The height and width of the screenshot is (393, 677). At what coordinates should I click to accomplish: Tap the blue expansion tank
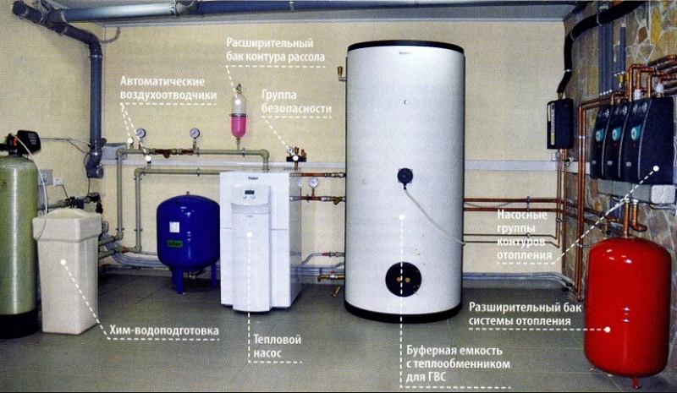[x=188, y=235]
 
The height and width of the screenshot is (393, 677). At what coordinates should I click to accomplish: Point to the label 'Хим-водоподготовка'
[x=163, y=330]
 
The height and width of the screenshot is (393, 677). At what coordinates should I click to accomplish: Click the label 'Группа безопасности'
[x=296, y=101]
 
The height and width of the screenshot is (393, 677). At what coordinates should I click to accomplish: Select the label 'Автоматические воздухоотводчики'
[x=168, y=88]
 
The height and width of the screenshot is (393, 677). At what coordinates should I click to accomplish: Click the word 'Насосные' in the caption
[x=521, y=215]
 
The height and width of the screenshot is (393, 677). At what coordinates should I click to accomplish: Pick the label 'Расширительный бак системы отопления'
[x=525, y=314]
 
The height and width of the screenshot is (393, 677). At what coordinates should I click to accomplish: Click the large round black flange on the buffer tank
[x=404, y=279]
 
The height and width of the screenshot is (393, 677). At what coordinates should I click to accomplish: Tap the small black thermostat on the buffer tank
[x=405, y=177]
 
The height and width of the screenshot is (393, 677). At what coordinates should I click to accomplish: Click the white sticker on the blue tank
[x=174, y=227]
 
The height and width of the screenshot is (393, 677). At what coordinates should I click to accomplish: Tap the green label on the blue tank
[x=175, y=243]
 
